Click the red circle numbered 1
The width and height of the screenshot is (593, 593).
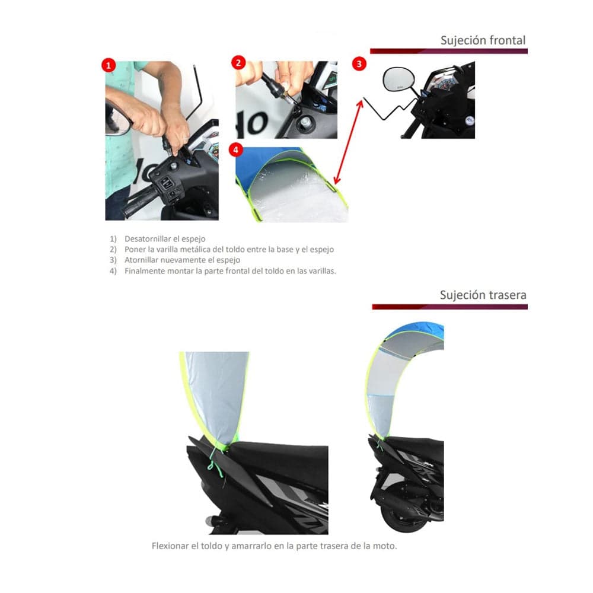click(109, 66)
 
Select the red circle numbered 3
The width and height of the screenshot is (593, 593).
click(360, 63)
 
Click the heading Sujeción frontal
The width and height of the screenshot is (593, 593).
click(483, 40)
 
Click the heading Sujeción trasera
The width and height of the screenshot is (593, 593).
click(483, 295)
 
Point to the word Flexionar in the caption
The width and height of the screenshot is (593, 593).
click(170, 546)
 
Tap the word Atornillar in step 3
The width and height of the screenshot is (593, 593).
click(141, 260)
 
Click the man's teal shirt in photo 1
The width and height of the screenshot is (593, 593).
click(119, 148)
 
